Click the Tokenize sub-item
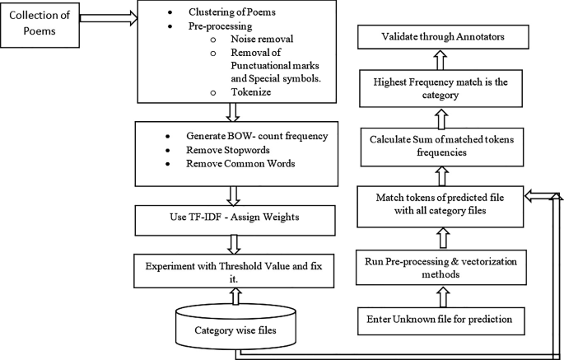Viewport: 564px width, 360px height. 221,94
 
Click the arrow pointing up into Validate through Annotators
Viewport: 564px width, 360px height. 441,58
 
